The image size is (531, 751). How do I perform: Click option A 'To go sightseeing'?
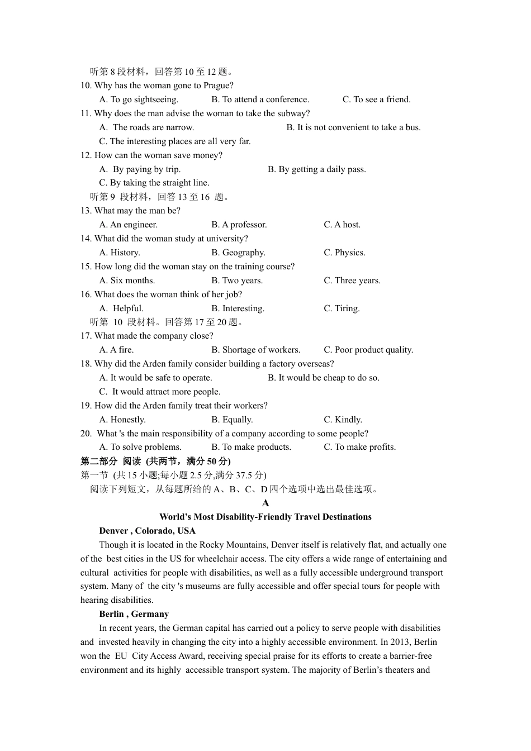139,99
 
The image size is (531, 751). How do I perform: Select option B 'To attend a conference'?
260,99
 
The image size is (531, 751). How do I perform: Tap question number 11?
86,113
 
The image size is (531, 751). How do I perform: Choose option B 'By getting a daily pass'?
316,169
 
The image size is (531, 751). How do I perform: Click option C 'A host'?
342,225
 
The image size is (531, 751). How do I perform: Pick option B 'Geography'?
238,253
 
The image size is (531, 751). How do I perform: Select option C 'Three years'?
352,281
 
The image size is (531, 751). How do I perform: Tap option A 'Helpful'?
121,308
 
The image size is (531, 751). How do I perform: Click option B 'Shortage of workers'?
255,350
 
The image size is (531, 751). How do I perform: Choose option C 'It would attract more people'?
160,392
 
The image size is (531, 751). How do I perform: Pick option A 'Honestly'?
122,420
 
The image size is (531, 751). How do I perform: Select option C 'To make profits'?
359,447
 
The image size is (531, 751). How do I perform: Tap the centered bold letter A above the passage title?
265,503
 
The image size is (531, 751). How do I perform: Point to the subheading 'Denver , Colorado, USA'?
147,531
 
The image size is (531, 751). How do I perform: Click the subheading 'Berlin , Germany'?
134,614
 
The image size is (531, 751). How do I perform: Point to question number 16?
86,294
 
